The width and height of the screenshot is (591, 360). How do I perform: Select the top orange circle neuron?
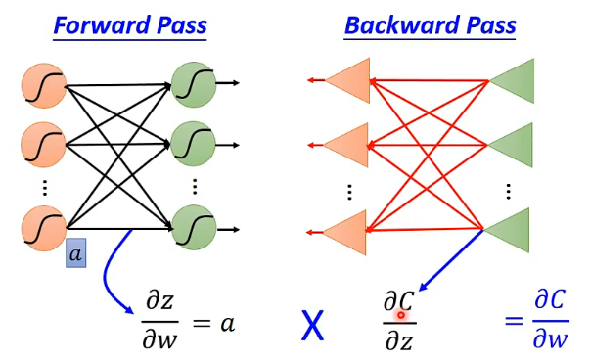click(x=43, y=87)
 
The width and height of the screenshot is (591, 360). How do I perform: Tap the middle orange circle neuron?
click(x=43, y=144)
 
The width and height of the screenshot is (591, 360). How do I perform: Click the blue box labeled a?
click(x=78, y=253)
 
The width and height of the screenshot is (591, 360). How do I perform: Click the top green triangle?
click(x=513, y=82)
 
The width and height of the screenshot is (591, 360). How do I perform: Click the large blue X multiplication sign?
click(x=312, y=324)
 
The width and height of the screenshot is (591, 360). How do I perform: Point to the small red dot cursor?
click(x=401, y=315)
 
